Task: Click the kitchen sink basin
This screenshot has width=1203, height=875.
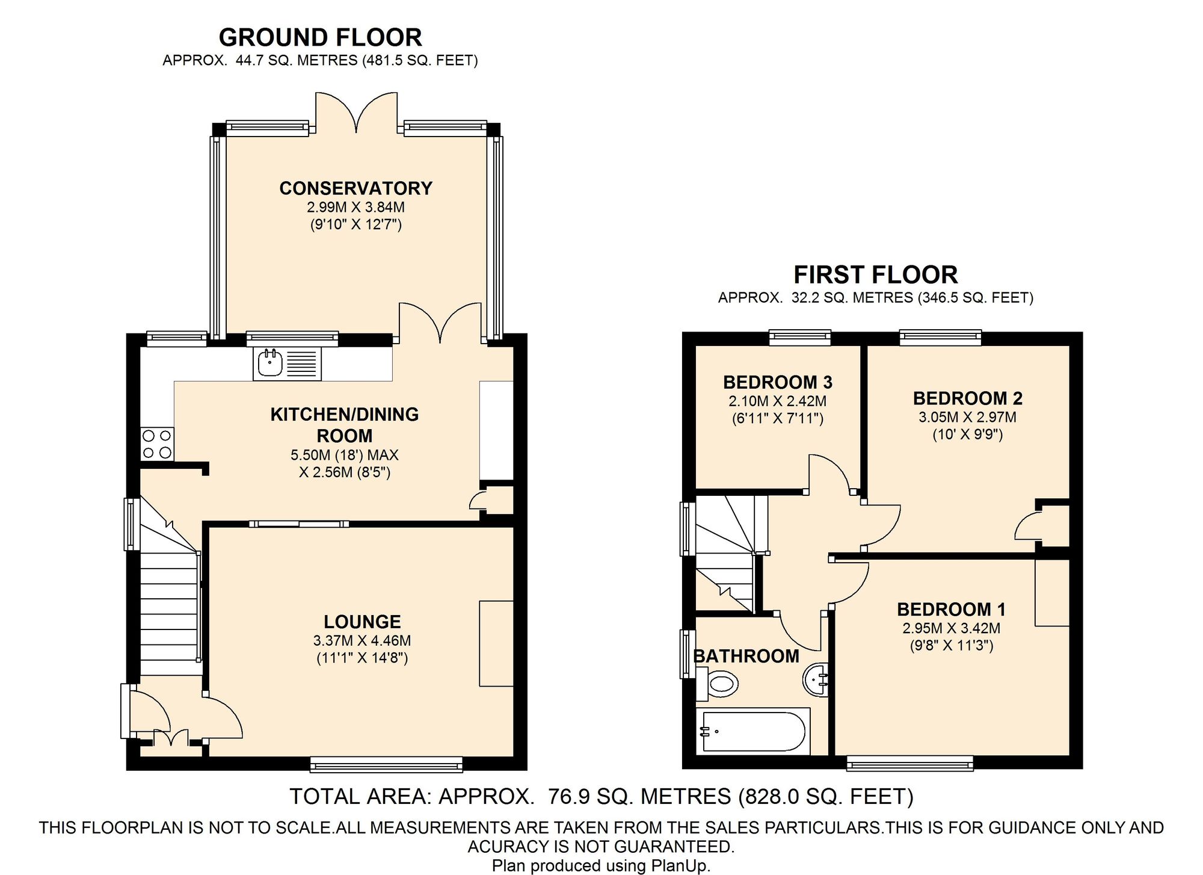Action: click(x=270, y=363)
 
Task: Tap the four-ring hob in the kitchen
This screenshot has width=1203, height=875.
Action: click(x=157, y=444)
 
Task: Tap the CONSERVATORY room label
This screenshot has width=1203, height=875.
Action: click(x=356, y=188)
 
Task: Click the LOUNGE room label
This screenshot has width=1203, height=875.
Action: click(x=362, y=622)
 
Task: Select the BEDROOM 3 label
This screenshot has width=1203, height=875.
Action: click(x=778, y=382)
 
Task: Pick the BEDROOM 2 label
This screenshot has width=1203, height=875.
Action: click(x=968, y=398)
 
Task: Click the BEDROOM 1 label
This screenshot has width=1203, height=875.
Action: click(x=951, y=610)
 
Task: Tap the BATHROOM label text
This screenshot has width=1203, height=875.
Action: click(x=746, y=656)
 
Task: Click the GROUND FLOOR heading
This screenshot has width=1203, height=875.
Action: click(x=321, y=37)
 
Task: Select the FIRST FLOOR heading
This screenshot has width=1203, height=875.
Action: click(x=876, y=275)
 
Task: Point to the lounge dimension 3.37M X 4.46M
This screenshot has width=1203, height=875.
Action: click(x=362, y=641)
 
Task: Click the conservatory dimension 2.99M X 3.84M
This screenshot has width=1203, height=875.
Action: click(x=356, y=208)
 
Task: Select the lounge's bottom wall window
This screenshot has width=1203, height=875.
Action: click(x=387, y=764)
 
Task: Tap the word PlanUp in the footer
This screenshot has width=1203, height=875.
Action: click(x=678, y=866)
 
